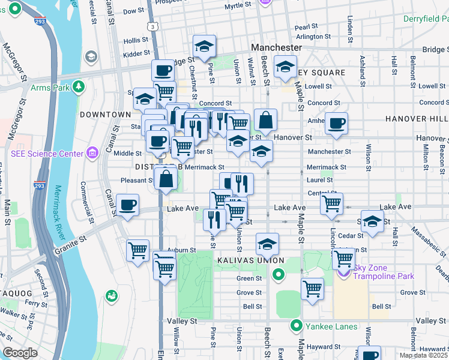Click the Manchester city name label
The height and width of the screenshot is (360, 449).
coord(276,47)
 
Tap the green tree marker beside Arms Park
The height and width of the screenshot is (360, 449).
coord(79,88)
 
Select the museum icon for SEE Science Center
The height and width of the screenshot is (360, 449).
coord(92,154)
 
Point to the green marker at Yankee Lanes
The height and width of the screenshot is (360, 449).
coord(295,327)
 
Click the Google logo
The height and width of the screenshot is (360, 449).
coord(20,352)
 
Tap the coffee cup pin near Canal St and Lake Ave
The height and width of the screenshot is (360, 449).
coord(128,205)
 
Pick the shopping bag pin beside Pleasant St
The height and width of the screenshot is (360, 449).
coord(166,178)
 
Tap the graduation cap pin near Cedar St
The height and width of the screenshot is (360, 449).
coord(372,220)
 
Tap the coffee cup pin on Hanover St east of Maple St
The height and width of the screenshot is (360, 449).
coord(336,123)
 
